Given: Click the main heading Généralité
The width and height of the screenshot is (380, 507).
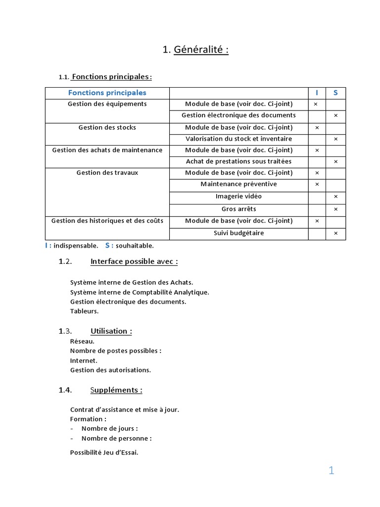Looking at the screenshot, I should (195, 50).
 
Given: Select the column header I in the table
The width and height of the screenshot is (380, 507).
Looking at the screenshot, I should (317, 93).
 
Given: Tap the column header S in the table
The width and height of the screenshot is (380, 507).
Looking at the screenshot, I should (335, 93).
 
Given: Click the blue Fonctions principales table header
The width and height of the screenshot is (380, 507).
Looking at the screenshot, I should (107, 93).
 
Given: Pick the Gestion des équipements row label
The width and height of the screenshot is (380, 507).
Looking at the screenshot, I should (107, 104).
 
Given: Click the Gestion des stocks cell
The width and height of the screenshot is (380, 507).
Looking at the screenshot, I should (107, 127).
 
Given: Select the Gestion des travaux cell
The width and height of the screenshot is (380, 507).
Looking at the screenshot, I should (107, 173).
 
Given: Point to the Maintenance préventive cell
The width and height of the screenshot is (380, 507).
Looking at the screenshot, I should (238, 184).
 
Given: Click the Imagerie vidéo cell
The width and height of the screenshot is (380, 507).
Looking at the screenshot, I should (238, 196).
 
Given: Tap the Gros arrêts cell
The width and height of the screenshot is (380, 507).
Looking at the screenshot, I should (238, 209).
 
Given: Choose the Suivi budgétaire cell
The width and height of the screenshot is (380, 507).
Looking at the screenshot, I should (238, 233).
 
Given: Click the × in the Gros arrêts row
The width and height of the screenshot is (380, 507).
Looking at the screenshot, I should (335, 209).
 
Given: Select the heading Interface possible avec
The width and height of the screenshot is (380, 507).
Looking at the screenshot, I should (134, 261).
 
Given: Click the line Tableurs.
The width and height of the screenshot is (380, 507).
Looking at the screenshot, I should (85, 311).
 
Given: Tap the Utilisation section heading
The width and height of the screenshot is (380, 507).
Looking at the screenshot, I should (111, 331).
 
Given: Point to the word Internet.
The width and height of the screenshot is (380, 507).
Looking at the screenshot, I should (84, 360).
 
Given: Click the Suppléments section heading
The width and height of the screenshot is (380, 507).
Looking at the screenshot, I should (116, 390).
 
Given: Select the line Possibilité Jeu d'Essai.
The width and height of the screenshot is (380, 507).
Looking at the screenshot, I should (104, 452).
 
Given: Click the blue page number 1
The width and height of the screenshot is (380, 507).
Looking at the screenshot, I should (331, 471).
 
